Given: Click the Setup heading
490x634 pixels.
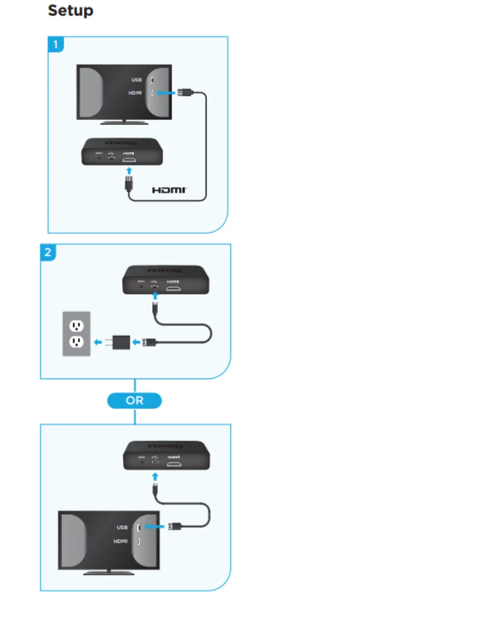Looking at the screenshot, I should [x=70, y=10].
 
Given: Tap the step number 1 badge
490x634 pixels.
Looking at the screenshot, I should [x=56, y=44].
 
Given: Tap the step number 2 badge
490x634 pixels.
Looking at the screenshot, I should [x=48, y=252].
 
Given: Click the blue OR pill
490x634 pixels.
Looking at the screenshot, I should [x=135, y=401].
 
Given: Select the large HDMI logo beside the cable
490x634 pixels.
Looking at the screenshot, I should [x=169, y=190].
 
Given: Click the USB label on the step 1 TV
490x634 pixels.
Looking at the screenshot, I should [x=137, y=80].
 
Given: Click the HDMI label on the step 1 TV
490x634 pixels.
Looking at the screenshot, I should [x=135, y=93].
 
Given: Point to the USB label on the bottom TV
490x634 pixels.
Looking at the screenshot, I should [x=122, y=527].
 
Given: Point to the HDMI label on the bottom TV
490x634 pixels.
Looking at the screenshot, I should [x=120, y=541].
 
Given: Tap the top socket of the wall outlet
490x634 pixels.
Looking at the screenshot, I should [x=76, y=326].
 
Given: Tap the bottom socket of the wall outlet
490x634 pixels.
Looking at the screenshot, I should [x=76, y=342].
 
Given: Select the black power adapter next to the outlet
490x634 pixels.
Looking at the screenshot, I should [x=121, y=342].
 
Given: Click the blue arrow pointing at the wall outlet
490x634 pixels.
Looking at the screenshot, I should [x=98, y=342].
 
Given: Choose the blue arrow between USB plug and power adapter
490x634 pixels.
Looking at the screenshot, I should [x=137, y=342].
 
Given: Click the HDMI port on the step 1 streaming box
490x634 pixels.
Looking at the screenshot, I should [x=129, y=160].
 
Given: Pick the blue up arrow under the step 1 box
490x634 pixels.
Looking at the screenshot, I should [x=129, y=171].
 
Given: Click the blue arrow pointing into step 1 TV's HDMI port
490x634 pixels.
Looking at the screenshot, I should [x=166, y=93].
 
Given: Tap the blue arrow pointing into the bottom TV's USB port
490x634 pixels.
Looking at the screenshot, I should [x=154, y=526].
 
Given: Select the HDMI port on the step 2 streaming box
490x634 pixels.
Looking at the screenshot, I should [x=173, y=288].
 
